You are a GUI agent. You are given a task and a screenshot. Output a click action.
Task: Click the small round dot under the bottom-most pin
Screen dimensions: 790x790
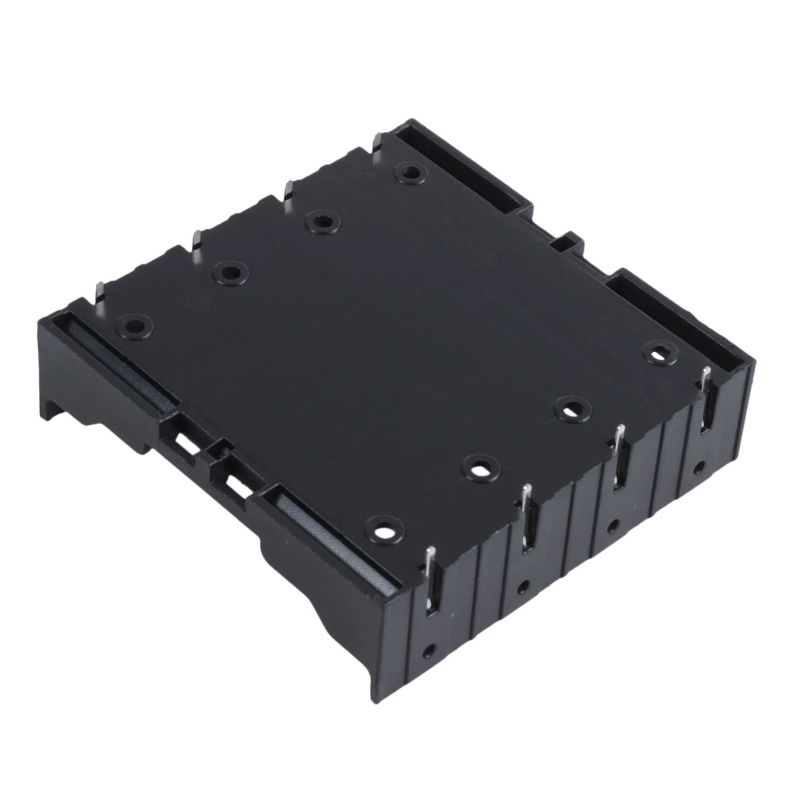pyautogui.click(x=433, y=650)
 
